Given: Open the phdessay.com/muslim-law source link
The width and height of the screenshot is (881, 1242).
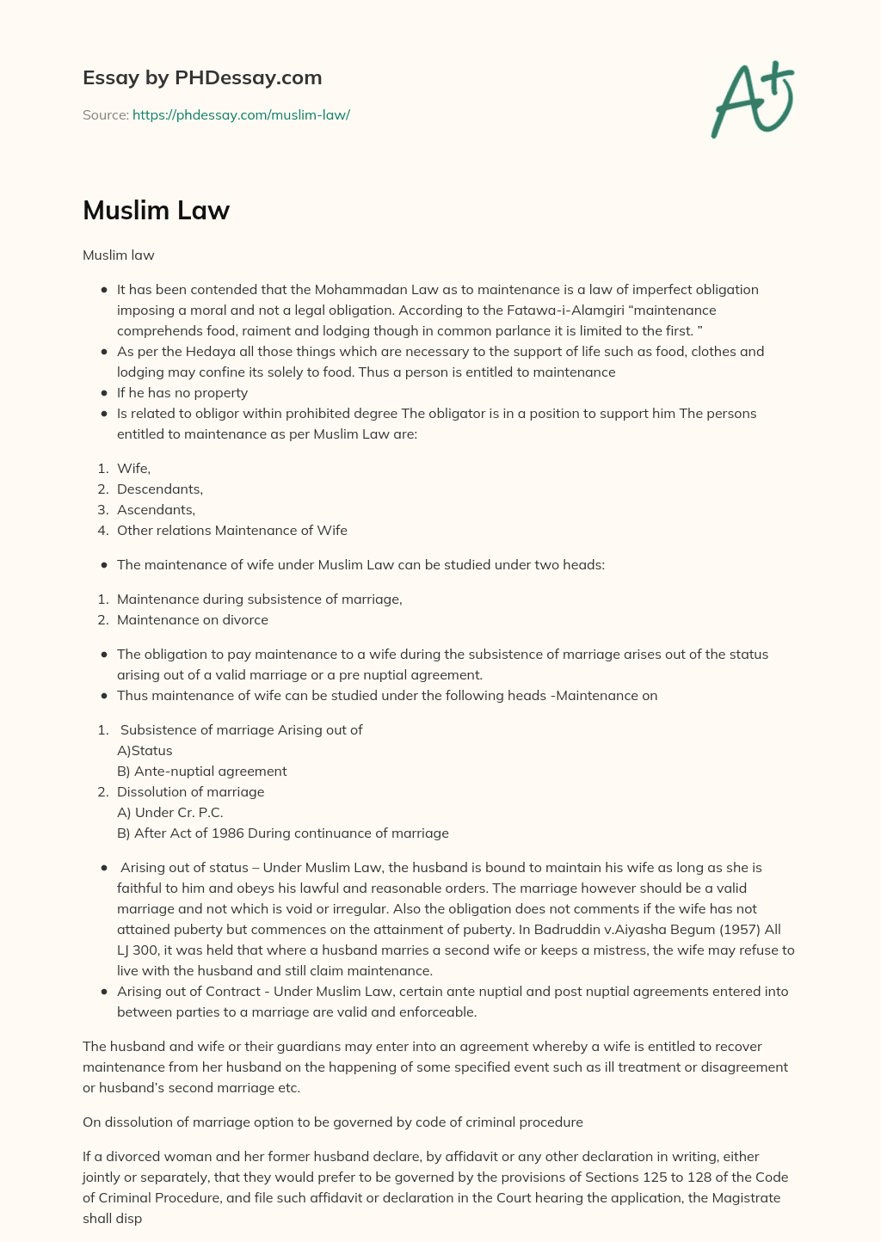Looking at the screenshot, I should point(241,114).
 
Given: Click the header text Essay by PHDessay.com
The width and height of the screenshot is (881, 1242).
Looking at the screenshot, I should point(202,77).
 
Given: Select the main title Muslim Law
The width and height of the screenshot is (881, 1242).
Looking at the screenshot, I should point(156,210).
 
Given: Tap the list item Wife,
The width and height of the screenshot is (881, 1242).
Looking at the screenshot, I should point(133,468).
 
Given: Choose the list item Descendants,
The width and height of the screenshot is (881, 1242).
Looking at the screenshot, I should point(160,489).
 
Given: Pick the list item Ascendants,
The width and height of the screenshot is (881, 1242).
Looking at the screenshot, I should point(156,509).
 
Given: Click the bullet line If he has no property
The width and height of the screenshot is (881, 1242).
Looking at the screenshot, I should point(182,392).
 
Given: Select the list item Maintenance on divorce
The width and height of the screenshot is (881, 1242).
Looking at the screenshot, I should point(193,619).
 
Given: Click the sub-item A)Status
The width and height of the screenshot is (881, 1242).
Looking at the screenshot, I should point(145,750).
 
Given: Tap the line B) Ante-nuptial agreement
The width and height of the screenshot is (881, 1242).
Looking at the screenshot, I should point(202,771).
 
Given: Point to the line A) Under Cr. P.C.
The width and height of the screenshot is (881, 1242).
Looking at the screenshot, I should point(170,812).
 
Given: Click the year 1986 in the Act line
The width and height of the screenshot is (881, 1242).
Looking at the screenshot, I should point(228,833).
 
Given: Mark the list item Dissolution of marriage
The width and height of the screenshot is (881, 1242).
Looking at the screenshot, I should point(191,791).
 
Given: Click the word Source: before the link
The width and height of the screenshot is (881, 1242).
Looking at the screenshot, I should point(106,114).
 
